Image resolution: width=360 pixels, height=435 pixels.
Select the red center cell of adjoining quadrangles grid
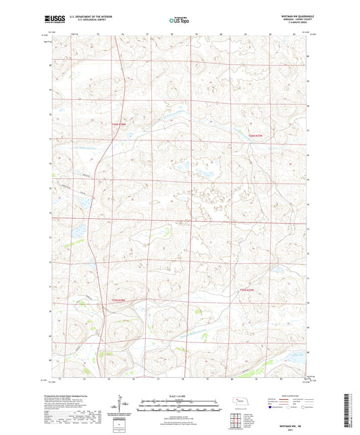coord(237,423)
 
